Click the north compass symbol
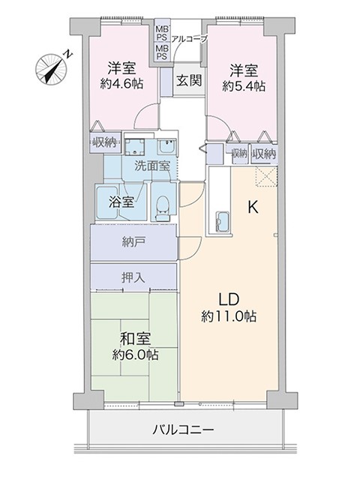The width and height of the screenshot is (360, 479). point(52,69)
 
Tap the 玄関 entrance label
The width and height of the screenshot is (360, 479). point(189,81)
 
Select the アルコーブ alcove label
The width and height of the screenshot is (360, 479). point(190,39)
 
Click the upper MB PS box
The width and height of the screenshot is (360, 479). point(162,34)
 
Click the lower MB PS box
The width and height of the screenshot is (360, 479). point(162,52)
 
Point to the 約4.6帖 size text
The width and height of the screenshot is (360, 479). point(121,84)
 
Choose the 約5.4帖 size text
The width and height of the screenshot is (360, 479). point(244,86)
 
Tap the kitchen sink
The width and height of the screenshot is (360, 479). point(222,222)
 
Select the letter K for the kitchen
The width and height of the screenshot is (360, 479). point(253,208)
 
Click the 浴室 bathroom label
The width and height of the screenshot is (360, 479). point(121,202)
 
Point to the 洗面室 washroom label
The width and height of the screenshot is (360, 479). point(152,166)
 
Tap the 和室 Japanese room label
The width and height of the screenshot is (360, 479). point(135,339)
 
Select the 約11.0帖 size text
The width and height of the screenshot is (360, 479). point(229,316)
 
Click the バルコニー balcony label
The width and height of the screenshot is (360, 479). point(183,430)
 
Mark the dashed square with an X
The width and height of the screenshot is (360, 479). point(266,177)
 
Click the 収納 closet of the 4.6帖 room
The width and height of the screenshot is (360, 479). point(105,142)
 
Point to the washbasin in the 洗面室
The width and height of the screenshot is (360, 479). point(166,147)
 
